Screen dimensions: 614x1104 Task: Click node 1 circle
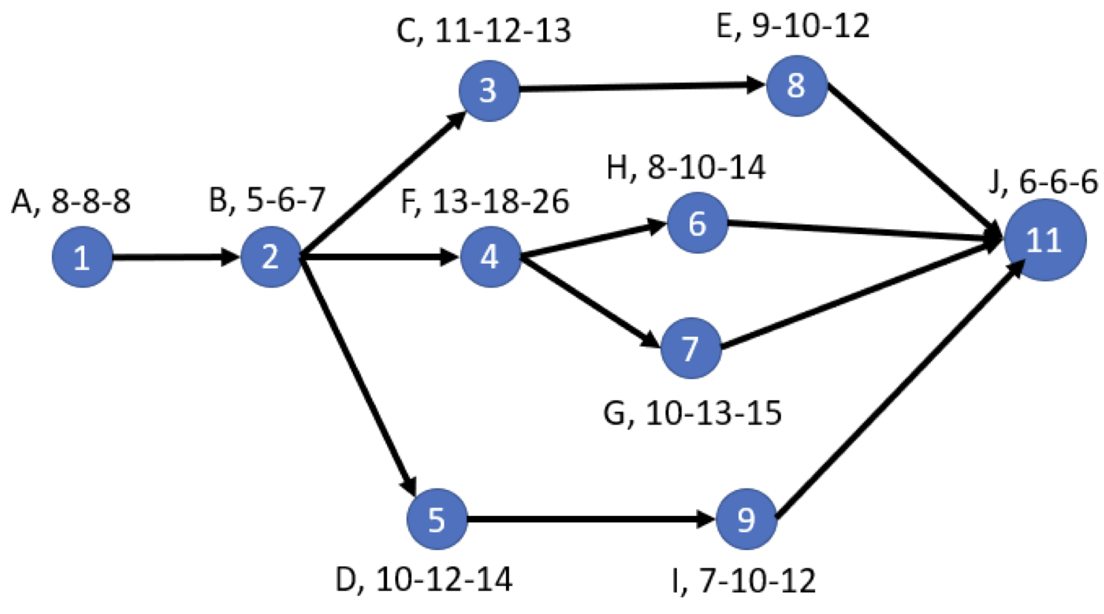pos(82,257)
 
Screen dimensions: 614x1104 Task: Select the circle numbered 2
pos(270,257)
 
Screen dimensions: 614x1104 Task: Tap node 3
pos(488,90)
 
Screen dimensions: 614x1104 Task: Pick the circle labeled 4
pos(490,257)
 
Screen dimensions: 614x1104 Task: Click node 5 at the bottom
pos(437,519)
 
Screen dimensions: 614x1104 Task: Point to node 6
pos(697,223)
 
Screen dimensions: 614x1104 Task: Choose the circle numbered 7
pos(691,348)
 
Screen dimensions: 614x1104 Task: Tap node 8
pos(796,85)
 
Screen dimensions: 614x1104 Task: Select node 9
pos(747,519)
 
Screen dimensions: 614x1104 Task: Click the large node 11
pos(1045,240)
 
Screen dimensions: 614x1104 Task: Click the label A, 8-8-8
pos(71,201)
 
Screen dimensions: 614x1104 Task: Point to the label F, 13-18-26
pos(485,201)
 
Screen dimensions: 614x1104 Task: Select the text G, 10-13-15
pos(692,413)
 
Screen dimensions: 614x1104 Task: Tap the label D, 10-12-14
pos(423,580)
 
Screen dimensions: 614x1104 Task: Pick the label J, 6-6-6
pos(1043,182)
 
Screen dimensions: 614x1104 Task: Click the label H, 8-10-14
pos(686,168)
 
